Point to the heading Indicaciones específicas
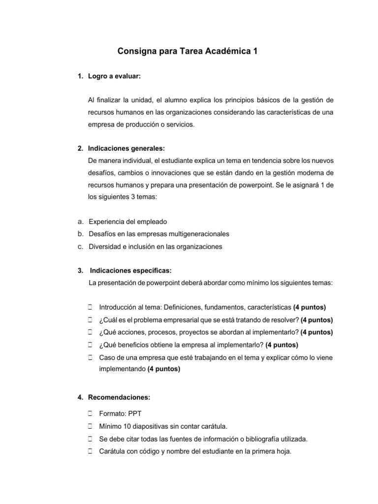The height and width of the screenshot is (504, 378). click(130, 270)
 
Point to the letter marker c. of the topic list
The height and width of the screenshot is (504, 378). click(80, 247)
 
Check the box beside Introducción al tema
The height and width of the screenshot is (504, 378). click(91, 307)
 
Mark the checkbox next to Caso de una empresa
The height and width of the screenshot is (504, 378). click(91, 357)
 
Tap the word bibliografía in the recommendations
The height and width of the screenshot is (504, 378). click(255, 439)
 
